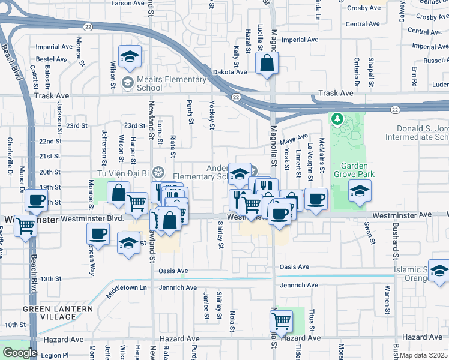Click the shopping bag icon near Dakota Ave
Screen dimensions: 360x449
266,62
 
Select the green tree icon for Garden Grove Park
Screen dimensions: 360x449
337,120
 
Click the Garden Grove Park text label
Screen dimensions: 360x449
358,170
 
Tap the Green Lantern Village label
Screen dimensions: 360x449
58,313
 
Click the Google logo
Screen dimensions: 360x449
19,353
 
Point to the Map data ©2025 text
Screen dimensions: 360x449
424,355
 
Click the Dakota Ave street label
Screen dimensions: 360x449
230,72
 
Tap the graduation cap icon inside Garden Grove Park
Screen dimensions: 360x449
359,191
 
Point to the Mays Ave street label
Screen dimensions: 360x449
294,140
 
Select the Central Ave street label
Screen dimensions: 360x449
366,25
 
